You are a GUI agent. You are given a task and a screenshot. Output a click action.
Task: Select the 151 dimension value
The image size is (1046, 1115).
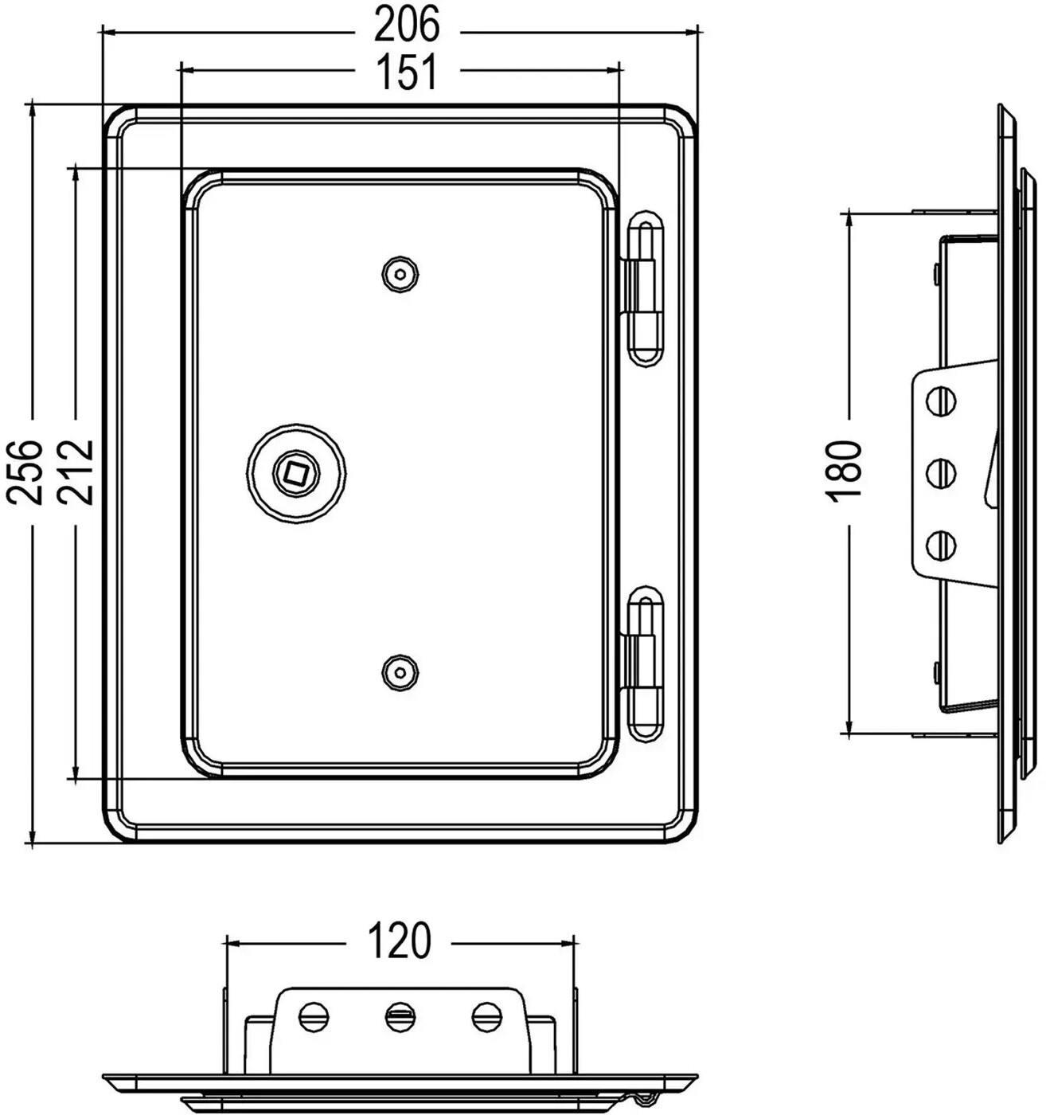coord(407,72)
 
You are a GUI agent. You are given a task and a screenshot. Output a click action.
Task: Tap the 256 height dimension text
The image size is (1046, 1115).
coord(24,472)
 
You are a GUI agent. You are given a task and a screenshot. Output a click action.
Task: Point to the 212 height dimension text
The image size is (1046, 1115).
coord(75,472)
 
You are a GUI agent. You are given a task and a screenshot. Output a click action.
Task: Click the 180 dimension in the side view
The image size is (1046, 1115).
coord(843,471)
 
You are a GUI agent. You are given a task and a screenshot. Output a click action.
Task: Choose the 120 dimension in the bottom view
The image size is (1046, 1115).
coord(400,941)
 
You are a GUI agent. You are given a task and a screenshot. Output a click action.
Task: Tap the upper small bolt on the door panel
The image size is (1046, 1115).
coord(400,275)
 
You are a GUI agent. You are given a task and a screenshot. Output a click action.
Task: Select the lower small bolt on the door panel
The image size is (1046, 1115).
coord(400,673)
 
